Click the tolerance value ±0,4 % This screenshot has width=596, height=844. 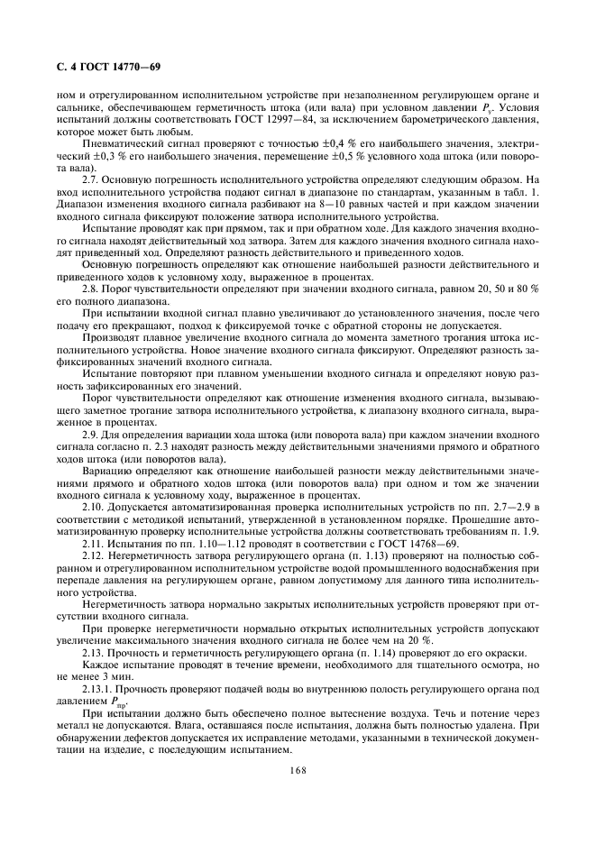(294, 143)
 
